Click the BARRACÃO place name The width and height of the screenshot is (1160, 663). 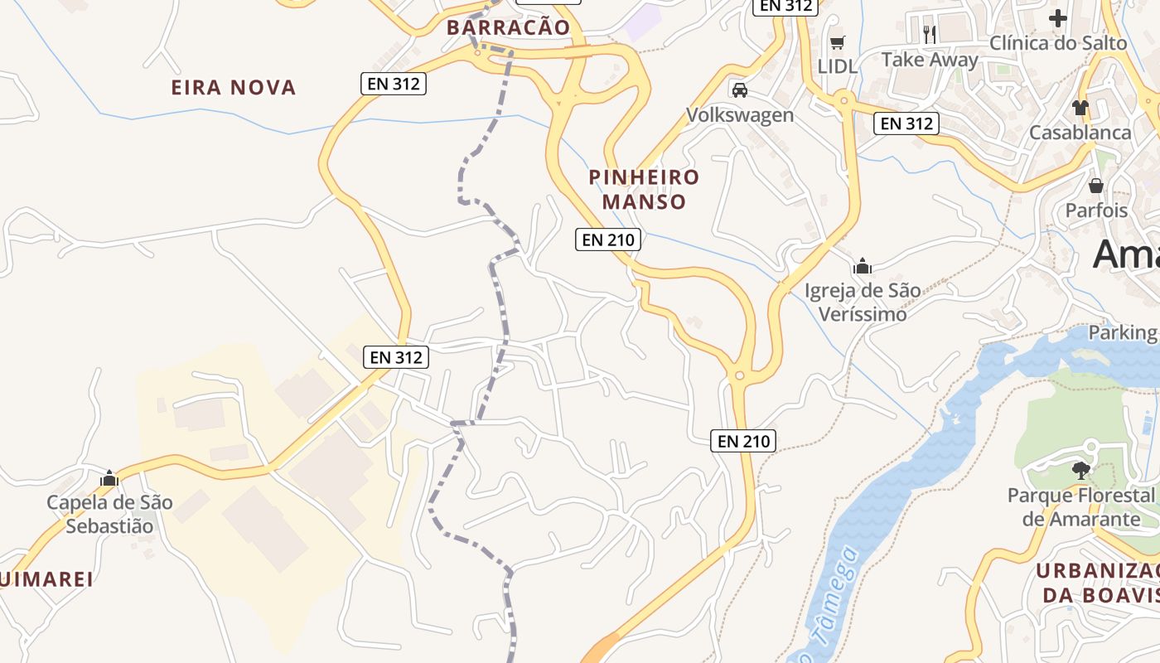(508, 27)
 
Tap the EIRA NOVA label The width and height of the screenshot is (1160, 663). (233, 87)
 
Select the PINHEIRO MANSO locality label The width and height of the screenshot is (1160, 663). (644, 189)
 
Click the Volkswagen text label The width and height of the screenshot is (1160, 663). (740, 114)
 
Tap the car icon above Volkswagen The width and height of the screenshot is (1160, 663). (740, 90)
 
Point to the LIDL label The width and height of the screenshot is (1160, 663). (838, 66)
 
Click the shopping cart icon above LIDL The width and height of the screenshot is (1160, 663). (838, 42)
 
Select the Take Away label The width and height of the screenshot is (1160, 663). (930, 60)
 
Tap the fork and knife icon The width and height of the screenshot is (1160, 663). (930, 35)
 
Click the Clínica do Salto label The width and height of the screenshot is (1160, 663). (1058, 42)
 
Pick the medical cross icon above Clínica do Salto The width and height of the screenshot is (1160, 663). (1058, 17)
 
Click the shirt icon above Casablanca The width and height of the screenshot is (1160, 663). (1080, 107)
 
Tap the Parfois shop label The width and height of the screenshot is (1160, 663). (1096, 211)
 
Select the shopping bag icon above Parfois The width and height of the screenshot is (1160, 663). (1096, 186)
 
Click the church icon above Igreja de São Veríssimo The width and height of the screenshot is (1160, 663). (863, 266)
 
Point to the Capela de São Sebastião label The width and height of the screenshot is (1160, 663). (109, 514)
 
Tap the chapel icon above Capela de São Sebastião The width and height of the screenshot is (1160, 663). (109, 478)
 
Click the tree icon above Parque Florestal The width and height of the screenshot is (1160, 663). (1080, 471)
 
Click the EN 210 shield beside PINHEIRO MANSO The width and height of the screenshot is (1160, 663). (608, 240)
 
